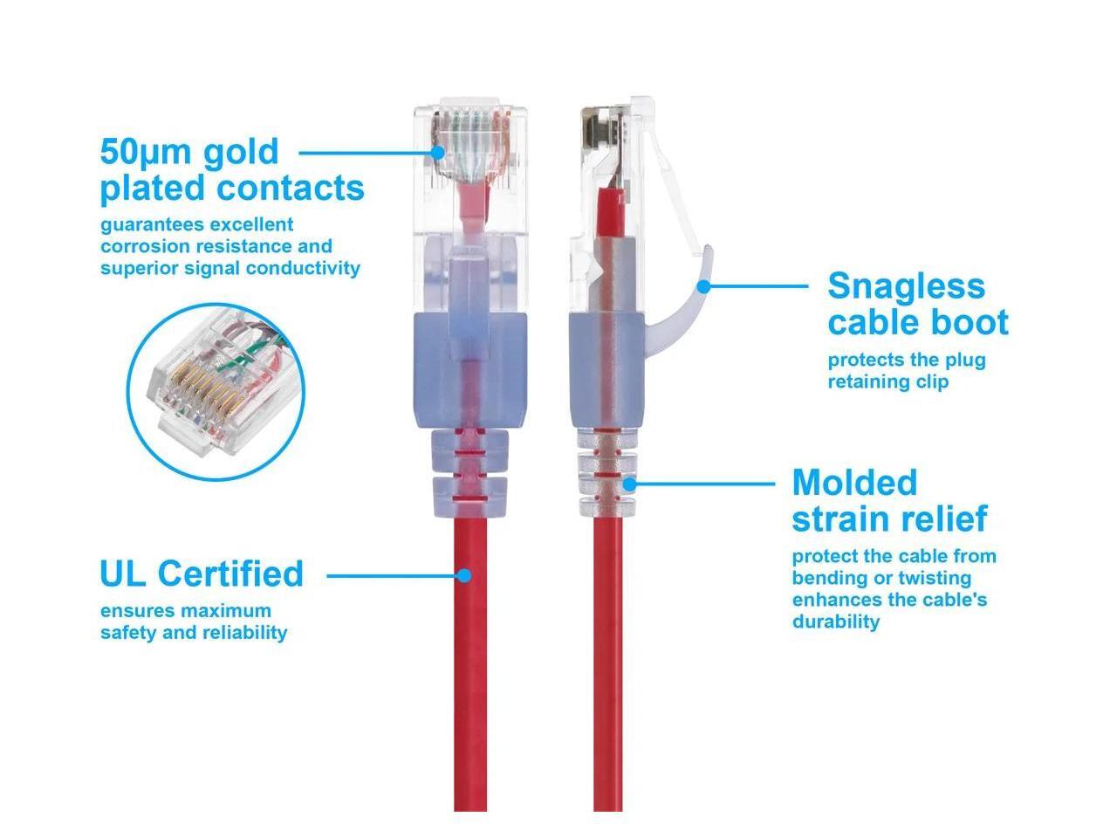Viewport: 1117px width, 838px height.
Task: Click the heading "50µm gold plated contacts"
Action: pyautogui.click(x=231, y=169)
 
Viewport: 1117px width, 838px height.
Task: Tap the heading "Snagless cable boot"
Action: pyautogui.click(x=917, y=304)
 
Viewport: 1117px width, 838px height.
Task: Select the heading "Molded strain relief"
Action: pyautogui.click(x=889, y=500)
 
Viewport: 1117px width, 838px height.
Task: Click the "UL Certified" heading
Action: pyautogui.click(x=202, y=574)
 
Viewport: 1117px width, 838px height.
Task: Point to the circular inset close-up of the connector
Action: pyautogui.click(x=216, y=391)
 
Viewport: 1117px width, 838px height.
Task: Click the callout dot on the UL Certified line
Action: pyautogui.click(x=464, y=575)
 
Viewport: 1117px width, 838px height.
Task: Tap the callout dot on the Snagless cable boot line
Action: pyautogui.click(x=703, y=285)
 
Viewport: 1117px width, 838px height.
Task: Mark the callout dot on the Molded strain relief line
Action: pyautogui.click(x=629, y=483)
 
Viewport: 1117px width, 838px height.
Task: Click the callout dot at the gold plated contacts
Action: pyautogui.click(x=438, y=152)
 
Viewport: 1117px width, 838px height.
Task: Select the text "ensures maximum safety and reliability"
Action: pyautogui.click(x=194, y=622)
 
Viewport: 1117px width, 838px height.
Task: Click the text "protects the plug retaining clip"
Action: pyautogui.click(x=906, y=370)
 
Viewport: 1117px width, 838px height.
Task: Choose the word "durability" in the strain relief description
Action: pyautogui.click(x=836, y=622)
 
